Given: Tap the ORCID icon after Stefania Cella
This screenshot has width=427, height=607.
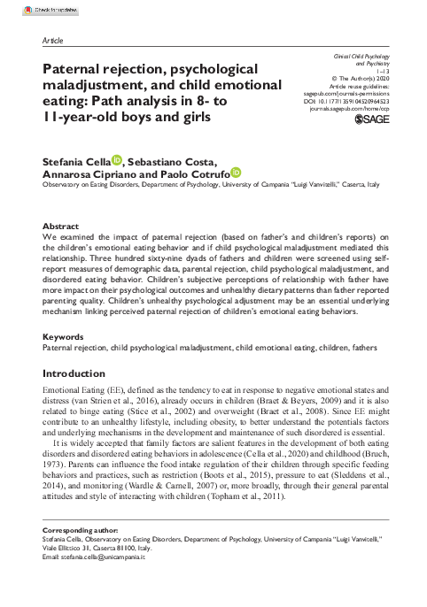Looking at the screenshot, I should point(118,159).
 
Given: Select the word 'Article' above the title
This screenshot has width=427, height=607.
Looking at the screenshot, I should point(53,41).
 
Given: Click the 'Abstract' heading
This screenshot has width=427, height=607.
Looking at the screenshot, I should point(60,226).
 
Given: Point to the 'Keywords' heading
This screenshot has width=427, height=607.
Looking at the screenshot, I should point(64,338).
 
